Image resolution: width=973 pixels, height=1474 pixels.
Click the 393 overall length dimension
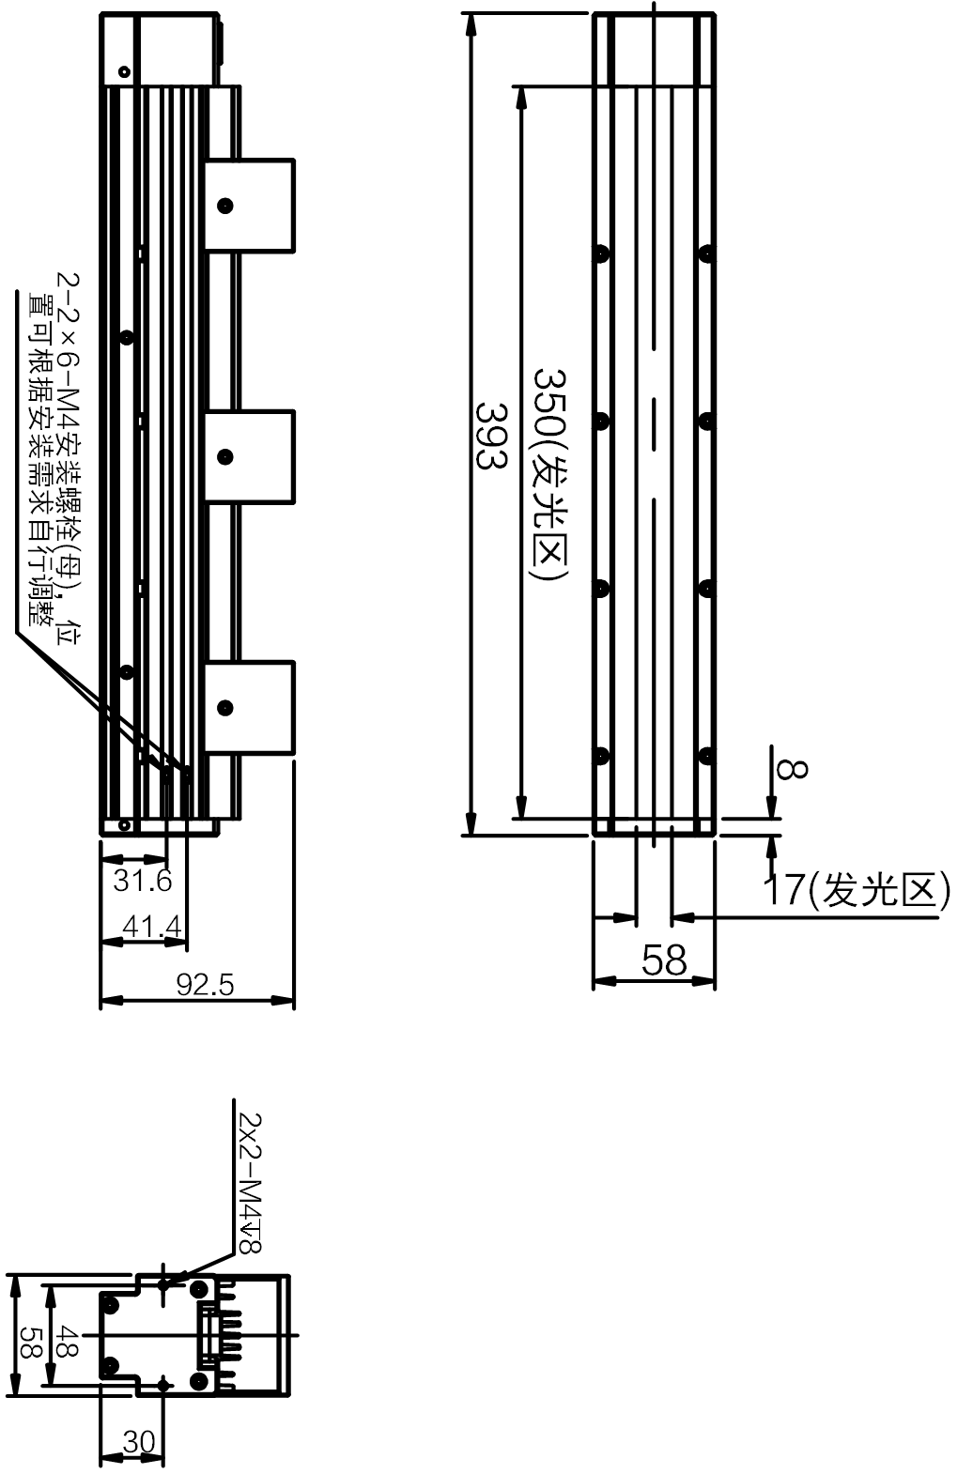point(491,436)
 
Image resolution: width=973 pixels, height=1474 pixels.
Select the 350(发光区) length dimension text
point(549,475)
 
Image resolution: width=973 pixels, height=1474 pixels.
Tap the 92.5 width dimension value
point(206,985)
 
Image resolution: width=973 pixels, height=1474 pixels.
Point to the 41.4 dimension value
point(152,928)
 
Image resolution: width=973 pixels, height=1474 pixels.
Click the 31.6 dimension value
point(142,881)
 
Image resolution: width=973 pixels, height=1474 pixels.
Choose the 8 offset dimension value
point(792,769)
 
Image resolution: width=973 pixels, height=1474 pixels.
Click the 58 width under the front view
point(664,960)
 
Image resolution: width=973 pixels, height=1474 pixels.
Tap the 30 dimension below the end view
point(139,1442)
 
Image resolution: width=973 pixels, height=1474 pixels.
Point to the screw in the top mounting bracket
point(225,206)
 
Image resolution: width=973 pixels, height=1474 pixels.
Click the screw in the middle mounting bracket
point(225,456)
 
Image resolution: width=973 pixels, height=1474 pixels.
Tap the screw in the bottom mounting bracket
point(225,708)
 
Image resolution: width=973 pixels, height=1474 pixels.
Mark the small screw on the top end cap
point(123,71)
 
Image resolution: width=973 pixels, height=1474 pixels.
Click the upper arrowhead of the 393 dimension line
point(470,25)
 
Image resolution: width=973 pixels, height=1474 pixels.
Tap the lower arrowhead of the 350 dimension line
point(520,806)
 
